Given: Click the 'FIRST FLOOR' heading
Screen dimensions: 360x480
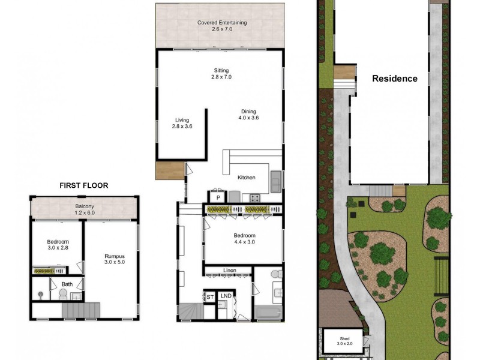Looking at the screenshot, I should pyautogui.click(x=83, y=185).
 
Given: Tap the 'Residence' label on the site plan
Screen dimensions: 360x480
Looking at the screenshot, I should pyautogui.click(x=394, y=79).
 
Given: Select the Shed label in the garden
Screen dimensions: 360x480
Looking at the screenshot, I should pyautogui.click(x=344, y=339).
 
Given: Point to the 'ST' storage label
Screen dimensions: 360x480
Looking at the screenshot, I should pyautogui.click(x=210, y=296).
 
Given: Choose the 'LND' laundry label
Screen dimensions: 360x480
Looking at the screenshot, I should pyautogui.click(x=226, y=296).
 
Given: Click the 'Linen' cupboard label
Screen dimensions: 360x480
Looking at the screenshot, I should pyautogui.click(x=228, y=271).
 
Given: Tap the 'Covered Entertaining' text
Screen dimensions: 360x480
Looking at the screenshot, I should pyautogui.click(x=222, y=23).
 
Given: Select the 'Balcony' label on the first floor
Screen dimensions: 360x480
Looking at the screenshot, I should pyautogui.click(x=84, y=206).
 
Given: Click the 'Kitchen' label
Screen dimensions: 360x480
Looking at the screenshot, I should pyautogui.click(x=247, y=178).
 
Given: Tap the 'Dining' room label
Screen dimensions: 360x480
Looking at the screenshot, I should pyautogui.click(x=248, y=112).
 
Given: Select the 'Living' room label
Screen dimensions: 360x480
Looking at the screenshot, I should pyautogui.click(x=182, y=119).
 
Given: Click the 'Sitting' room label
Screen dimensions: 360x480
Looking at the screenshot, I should pyautogui.click(x=221, y=70).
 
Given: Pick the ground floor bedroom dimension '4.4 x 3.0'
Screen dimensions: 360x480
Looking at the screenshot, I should pyautogui.click(x=245, y=242).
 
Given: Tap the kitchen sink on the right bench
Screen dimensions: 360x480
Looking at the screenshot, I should pyautogui.click(x=276, y=180).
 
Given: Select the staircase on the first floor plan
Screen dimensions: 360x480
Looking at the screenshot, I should pyautogui.click(x=80, y=310).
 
